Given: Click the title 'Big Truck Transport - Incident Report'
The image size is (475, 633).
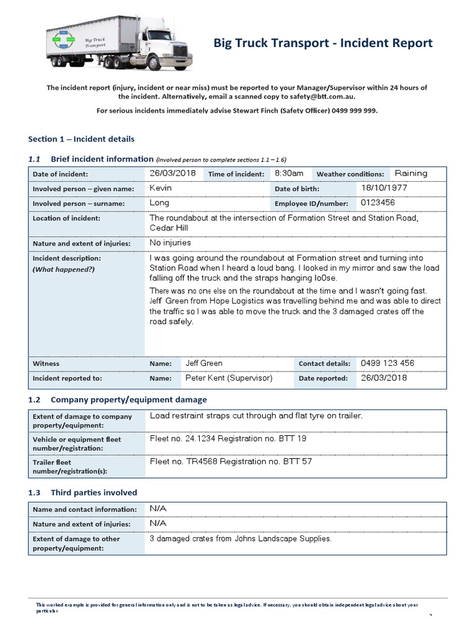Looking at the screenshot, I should [x=323, y=43].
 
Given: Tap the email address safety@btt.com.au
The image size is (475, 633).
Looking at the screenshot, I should [x=326, y=97].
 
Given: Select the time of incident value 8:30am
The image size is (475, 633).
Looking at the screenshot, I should [x=289, y=174].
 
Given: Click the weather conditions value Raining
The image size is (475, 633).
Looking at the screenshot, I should [x=411, y=174].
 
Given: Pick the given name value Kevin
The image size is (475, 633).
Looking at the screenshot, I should [x=161, y=188].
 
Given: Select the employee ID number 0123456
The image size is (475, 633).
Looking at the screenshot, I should [x=377, y=203].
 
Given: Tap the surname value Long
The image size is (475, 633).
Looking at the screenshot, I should [x=159, y=203].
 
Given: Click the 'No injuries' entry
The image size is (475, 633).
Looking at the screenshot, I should [x=170, y=243].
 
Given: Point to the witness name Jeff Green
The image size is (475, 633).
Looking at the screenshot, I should [x=203, y=363].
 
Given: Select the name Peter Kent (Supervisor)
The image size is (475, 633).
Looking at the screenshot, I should [x=228, y=378].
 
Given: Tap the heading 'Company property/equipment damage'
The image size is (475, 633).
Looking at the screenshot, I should [x=129, y=400].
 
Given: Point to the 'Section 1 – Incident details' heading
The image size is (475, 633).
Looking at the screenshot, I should [x=81, y=139].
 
